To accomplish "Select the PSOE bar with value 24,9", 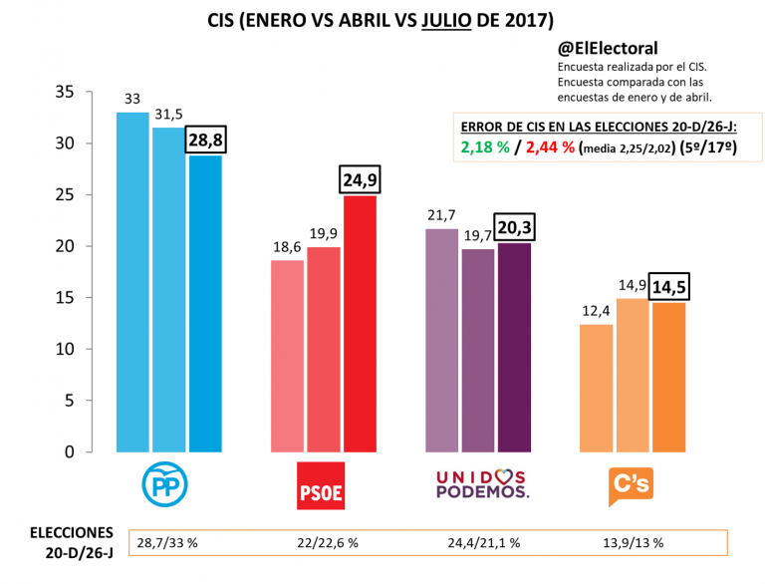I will (x=360, y=324).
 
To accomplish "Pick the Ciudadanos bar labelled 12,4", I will (x=597, y=388).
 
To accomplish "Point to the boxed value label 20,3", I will (x=514, y=227).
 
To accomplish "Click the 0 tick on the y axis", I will (x=69, y=452).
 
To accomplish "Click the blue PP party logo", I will (x=167, y=485).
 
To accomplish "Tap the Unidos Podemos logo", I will (x=482, y=484).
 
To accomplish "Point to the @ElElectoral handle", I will (x=608, y=48).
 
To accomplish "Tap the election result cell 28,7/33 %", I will (x=167, y=542).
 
